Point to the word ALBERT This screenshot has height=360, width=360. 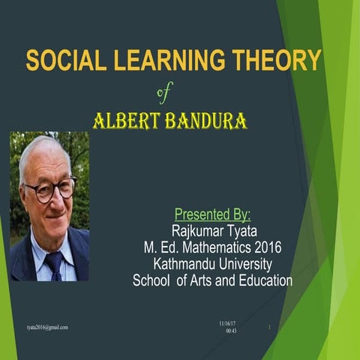click(x=124, y=121)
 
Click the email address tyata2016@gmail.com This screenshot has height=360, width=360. click(x=47, y=327)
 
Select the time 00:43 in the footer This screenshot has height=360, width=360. click(x=231, y=331)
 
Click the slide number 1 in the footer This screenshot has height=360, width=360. click(x=269, y=328)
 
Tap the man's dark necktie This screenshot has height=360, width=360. click(x=53, y=263)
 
